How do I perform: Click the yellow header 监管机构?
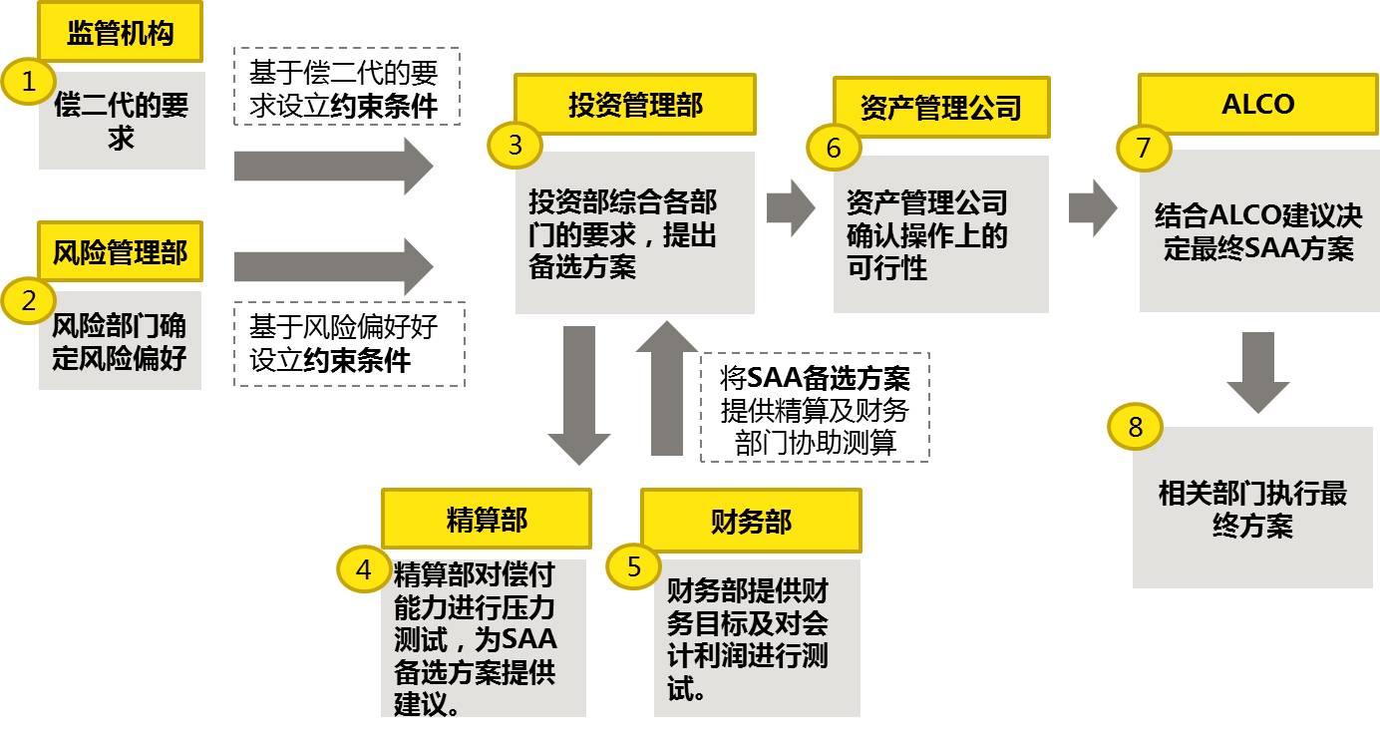(x=120, y=33)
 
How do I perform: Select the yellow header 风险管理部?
(x=120, y=252)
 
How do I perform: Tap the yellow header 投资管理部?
(x=635, y=105)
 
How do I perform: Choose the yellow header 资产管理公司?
(x=941, y=107)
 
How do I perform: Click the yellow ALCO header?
(x=1257, y=105)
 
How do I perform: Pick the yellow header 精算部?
(x=486, y=519)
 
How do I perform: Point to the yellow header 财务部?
(x=751, y=521)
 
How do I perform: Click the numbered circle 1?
(x=29, y=83)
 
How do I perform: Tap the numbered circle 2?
(x=29, y=299)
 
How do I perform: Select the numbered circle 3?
(x=515, y=146)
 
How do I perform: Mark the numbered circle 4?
(x=364, y=569)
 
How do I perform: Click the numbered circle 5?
(x=634, y=566)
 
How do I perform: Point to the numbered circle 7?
(x=1143, y=148)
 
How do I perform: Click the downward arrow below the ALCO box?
(x=1257, y=371)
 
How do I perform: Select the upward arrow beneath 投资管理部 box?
(x=667, y=389)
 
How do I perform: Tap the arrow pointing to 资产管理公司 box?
(x=792, y=207)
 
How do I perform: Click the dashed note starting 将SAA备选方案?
(x=815, y=407)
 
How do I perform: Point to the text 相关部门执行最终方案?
(x=1252, y=509)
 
